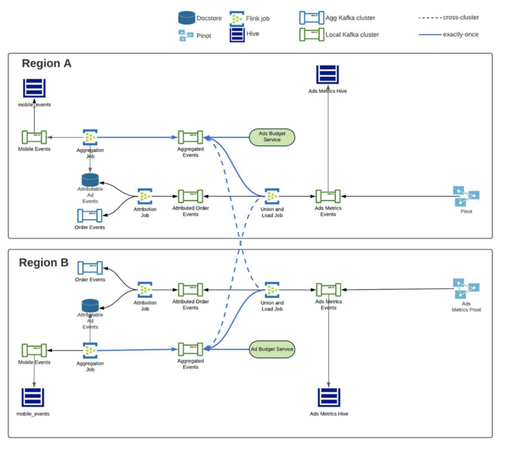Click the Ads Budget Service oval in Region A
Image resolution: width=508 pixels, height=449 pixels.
[x=272, y=137]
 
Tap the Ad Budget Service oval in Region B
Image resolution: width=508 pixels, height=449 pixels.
[x=272, y=349]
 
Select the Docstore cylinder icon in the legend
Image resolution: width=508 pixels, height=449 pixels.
[x=187, y=18]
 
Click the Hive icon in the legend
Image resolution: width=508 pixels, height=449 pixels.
[x=237, y=35]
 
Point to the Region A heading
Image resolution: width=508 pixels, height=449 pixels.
[x=46, y=63]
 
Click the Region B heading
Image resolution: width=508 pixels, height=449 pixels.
[x=44, y=262]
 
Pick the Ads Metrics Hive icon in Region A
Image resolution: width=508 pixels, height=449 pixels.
[x=328, y=74]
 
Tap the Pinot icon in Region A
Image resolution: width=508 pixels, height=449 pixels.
[x=466, y=196]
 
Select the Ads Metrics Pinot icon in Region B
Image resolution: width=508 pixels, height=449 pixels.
[x=466, y=288]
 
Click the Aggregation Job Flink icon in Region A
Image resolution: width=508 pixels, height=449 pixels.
[x=90, y=137]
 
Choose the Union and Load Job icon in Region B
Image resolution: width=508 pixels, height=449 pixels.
[x=272, y=290]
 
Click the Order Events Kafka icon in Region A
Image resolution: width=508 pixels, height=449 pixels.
[x=90, y=216]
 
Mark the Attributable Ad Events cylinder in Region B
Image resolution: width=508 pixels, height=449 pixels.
[x=90, y=306]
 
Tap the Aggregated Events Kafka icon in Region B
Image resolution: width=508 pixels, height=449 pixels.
[x=190, y=349]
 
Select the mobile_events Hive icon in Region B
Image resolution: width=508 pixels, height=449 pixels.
[x=33, y=397]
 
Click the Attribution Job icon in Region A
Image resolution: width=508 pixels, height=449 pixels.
[x=145, y=196]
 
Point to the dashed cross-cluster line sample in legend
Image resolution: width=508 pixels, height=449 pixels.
[x=430, y=18]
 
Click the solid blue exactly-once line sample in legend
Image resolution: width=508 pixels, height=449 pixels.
[x=430, y=34]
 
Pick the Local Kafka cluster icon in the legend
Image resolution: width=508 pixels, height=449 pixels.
[x=312, y=34]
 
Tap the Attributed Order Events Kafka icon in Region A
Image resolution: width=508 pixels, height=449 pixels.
[x=190, y=196]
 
